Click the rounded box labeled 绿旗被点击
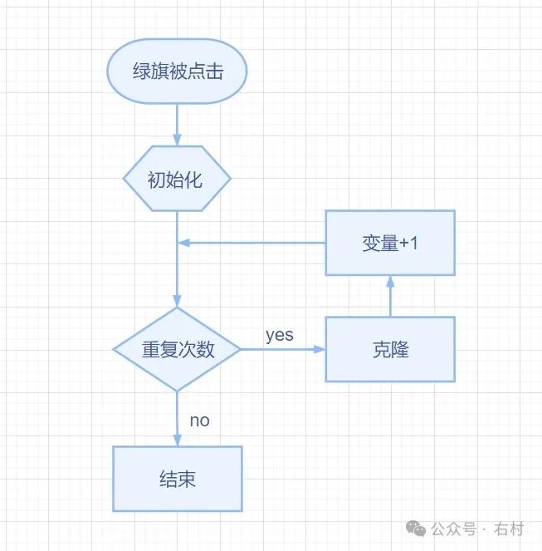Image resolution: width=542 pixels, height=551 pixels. tap(177, 71)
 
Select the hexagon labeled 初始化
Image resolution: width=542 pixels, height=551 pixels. tap(177, 179)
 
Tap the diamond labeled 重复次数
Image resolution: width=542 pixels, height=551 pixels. tap(177, 350)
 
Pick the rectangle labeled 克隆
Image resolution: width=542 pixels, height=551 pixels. tap(390, 350)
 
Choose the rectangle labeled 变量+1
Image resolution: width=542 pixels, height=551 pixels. tap(390, 243)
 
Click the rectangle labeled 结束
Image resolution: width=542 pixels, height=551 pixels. tap(177, 479)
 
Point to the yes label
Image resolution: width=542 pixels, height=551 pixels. tap(279, 335)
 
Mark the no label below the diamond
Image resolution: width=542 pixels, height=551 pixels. tap(199, 420)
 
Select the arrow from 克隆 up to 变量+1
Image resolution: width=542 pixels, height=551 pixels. tap(390, 296)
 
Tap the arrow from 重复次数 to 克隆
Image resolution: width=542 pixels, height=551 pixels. tap(282, 350)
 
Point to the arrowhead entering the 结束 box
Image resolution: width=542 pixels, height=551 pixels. tap(177, 440)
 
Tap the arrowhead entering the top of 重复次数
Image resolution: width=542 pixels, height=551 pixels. tap(177, 302)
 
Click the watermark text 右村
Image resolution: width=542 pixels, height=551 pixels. tap(508, 529)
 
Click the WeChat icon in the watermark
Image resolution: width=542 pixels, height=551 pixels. tap(417, 529)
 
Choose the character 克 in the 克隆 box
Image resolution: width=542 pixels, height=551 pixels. tap(381, 350)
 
